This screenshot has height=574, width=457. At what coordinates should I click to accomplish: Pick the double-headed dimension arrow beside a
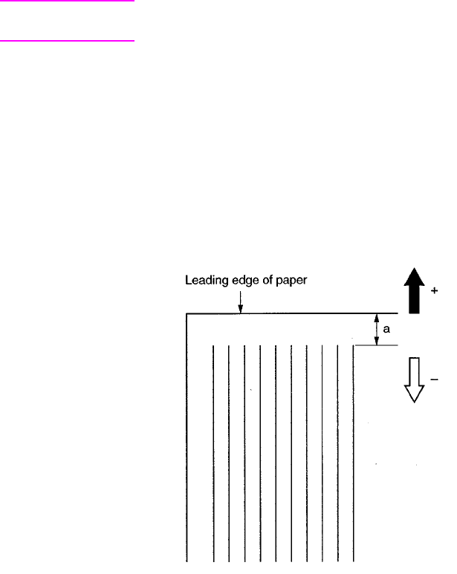click(x=377, y=330)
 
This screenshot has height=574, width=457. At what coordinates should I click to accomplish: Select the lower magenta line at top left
click(x=67, y=41)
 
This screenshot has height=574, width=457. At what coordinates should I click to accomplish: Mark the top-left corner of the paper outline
click(x=187, y=314)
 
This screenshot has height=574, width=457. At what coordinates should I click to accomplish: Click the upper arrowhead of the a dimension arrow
click(x=377, y=318)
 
